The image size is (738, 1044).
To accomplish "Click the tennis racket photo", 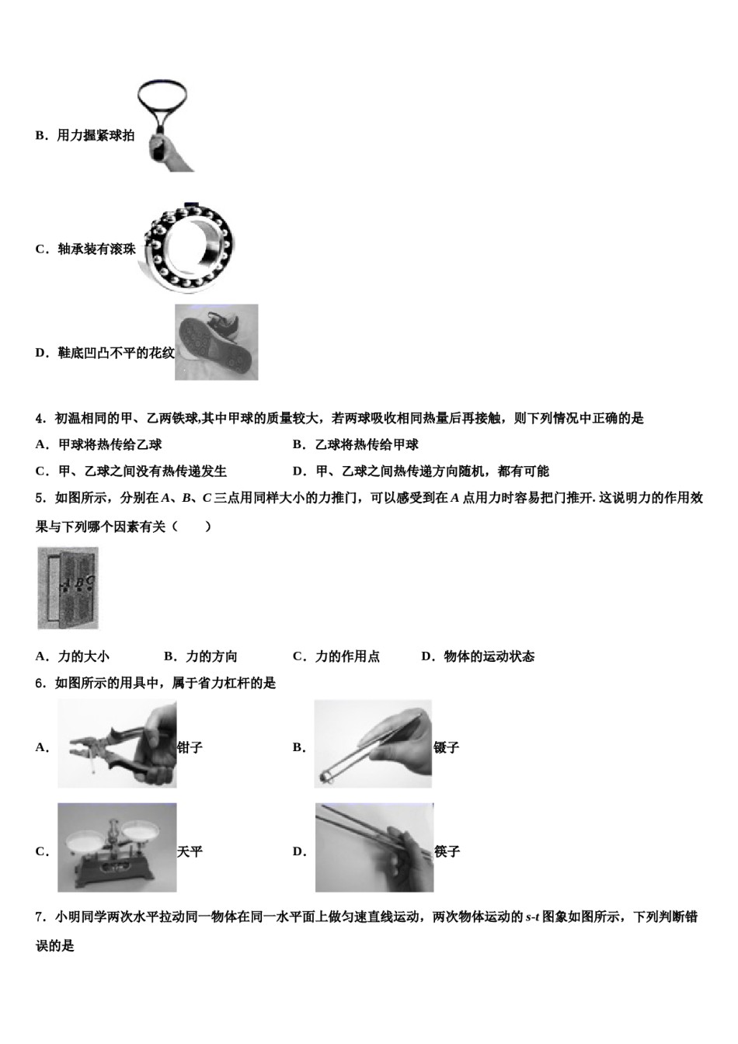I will (x=165, y=126).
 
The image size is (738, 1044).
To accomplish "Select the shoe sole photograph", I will (x=216, y=342).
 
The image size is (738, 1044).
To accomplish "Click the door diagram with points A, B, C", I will (x=68, y=588).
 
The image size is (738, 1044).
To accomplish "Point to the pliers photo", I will (x=117, y=744).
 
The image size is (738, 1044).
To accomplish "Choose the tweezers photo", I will (x=373, y=744).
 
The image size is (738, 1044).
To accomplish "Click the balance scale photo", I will (x=117, y=847).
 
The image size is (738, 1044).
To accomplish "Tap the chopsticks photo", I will (x=374, y=847).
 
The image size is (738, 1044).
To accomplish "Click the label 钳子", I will (x=190, y=748).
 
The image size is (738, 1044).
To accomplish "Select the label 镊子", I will (x=447, y=748).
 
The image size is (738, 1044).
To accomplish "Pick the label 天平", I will (x=190, y=852).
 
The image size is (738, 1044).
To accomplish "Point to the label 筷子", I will (x=447, y=852).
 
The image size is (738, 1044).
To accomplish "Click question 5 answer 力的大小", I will (x=83, y=656).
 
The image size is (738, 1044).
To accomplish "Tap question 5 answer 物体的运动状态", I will (x=489, y=656).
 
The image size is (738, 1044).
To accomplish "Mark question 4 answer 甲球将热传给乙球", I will (x=110, y=445).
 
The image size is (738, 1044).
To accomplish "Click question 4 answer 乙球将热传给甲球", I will (x=366, y=445).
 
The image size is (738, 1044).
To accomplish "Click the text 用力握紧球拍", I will (x=96, y=136).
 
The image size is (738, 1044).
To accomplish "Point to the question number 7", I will (x=40, y=917).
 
